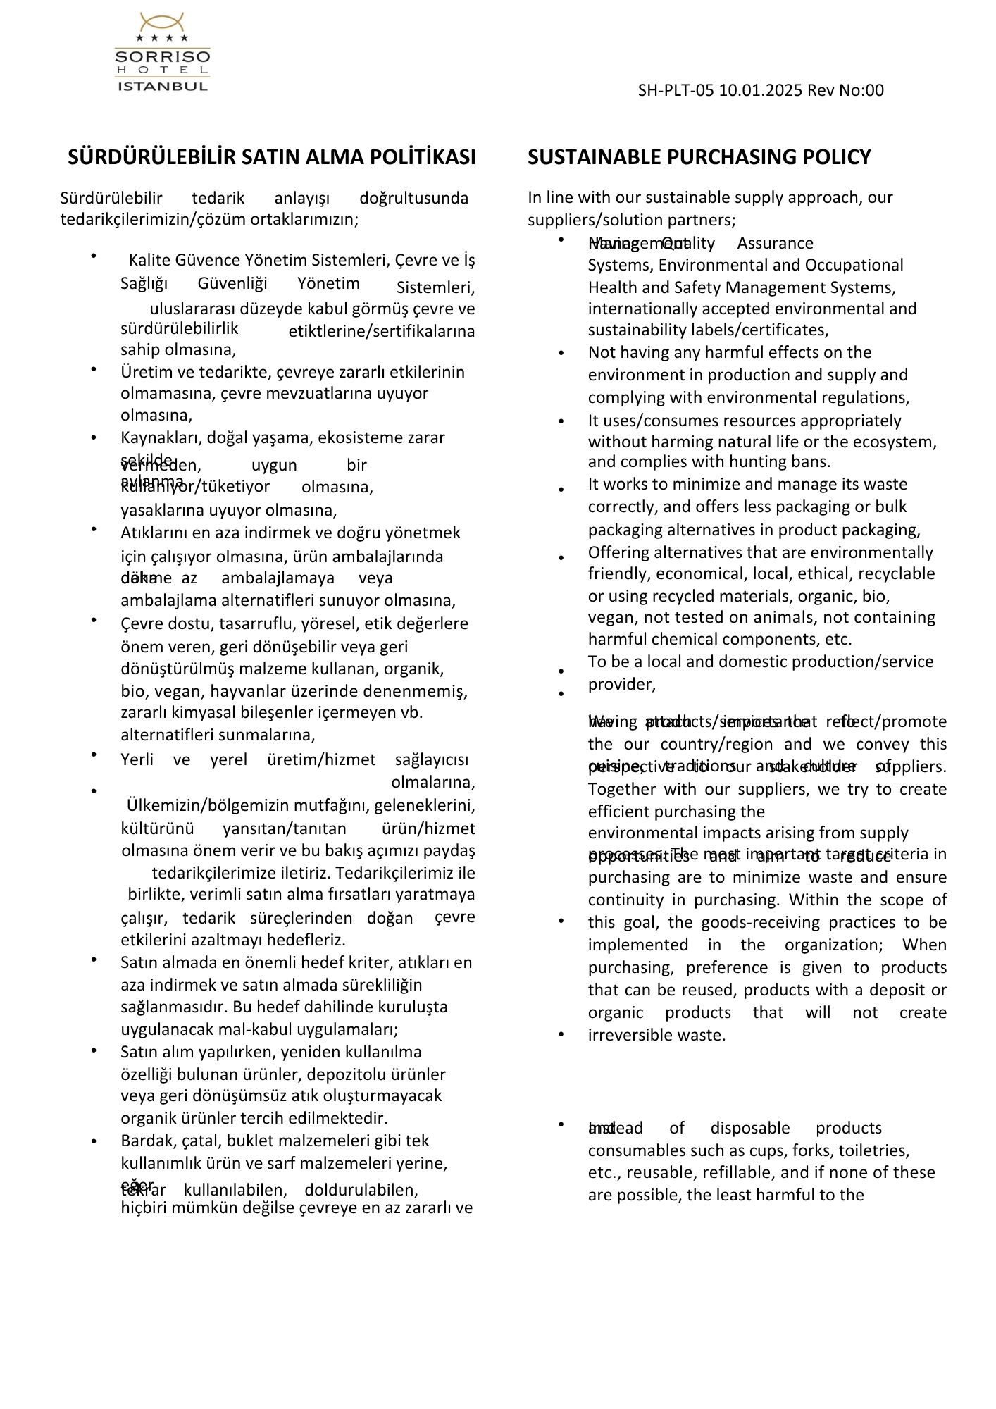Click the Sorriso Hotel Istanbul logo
163,52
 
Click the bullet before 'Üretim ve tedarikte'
94,368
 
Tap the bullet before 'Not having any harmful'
561,353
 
